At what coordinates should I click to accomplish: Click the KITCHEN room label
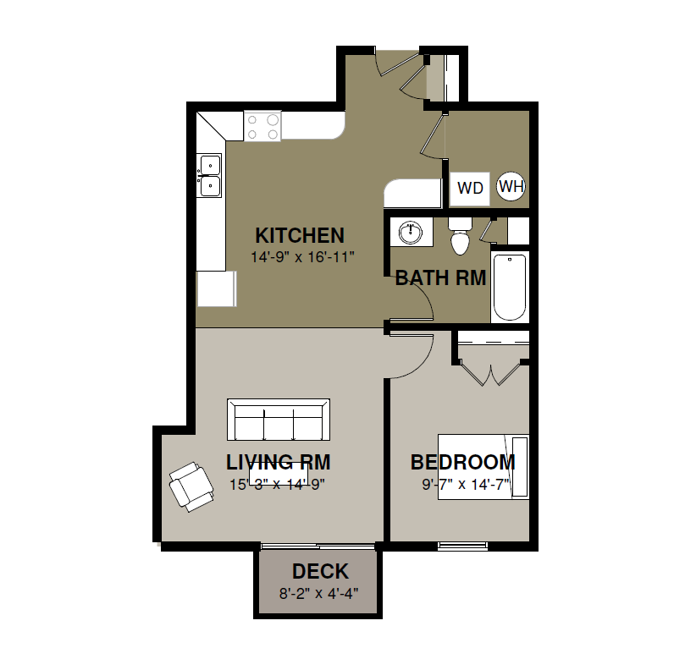click(300, 235)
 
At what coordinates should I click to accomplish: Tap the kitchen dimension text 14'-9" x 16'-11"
click(302, 257)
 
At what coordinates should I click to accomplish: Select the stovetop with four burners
click(262, 126)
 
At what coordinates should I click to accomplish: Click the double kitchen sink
click(209, 175)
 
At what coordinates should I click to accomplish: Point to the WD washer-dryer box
click(469, 188)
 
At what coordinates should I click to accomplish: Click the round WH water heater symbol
click(511, 186)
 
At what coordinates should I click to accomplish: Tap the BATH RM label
click(440, 277)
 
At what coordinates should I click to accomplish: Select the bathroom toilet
click(460, 236)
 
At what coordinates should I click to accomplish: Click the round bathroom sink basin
click(411, 233)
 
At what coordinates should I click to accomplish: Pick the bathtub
click(510, 287)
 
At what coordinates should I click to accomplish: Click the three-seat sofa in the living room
click(279, 420)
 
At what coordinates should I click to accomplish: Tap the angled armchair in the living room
click(191, 487)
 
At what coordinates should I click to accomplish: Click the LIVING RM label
click(279, 463)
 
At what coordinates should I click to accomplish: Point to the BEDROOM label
click(463, 463)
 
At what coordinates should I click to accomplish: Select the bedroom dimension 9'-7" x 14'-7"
click(466, 485)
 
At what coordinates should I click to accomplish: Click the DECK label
click(320, 572)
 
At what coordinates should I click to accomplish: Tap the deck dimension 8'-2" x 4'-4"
click(319, 594)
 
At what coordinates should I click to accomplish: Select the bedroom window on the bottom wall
click(462, 546)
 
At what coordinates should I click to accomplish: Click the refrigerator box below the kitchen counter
click(217, 288)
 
